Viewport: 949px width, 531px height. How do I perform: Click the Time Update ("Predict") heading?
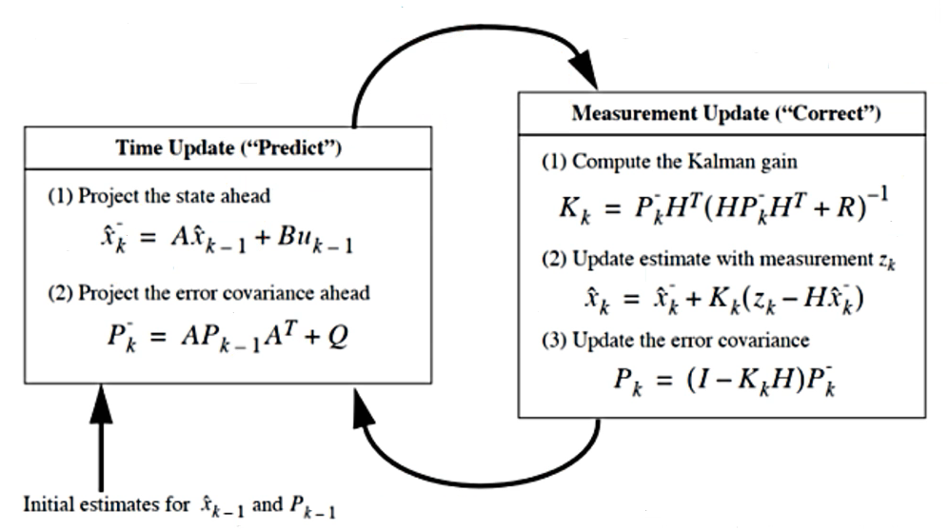point(228,149)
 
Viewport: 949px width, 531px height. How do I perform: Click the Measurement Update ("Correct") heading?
point(726,113)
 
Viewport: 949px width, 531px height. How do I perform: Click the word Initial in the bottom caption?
point(49,503)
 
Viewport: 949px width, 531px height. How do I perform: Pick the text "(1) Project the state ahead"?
point(159,196)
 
